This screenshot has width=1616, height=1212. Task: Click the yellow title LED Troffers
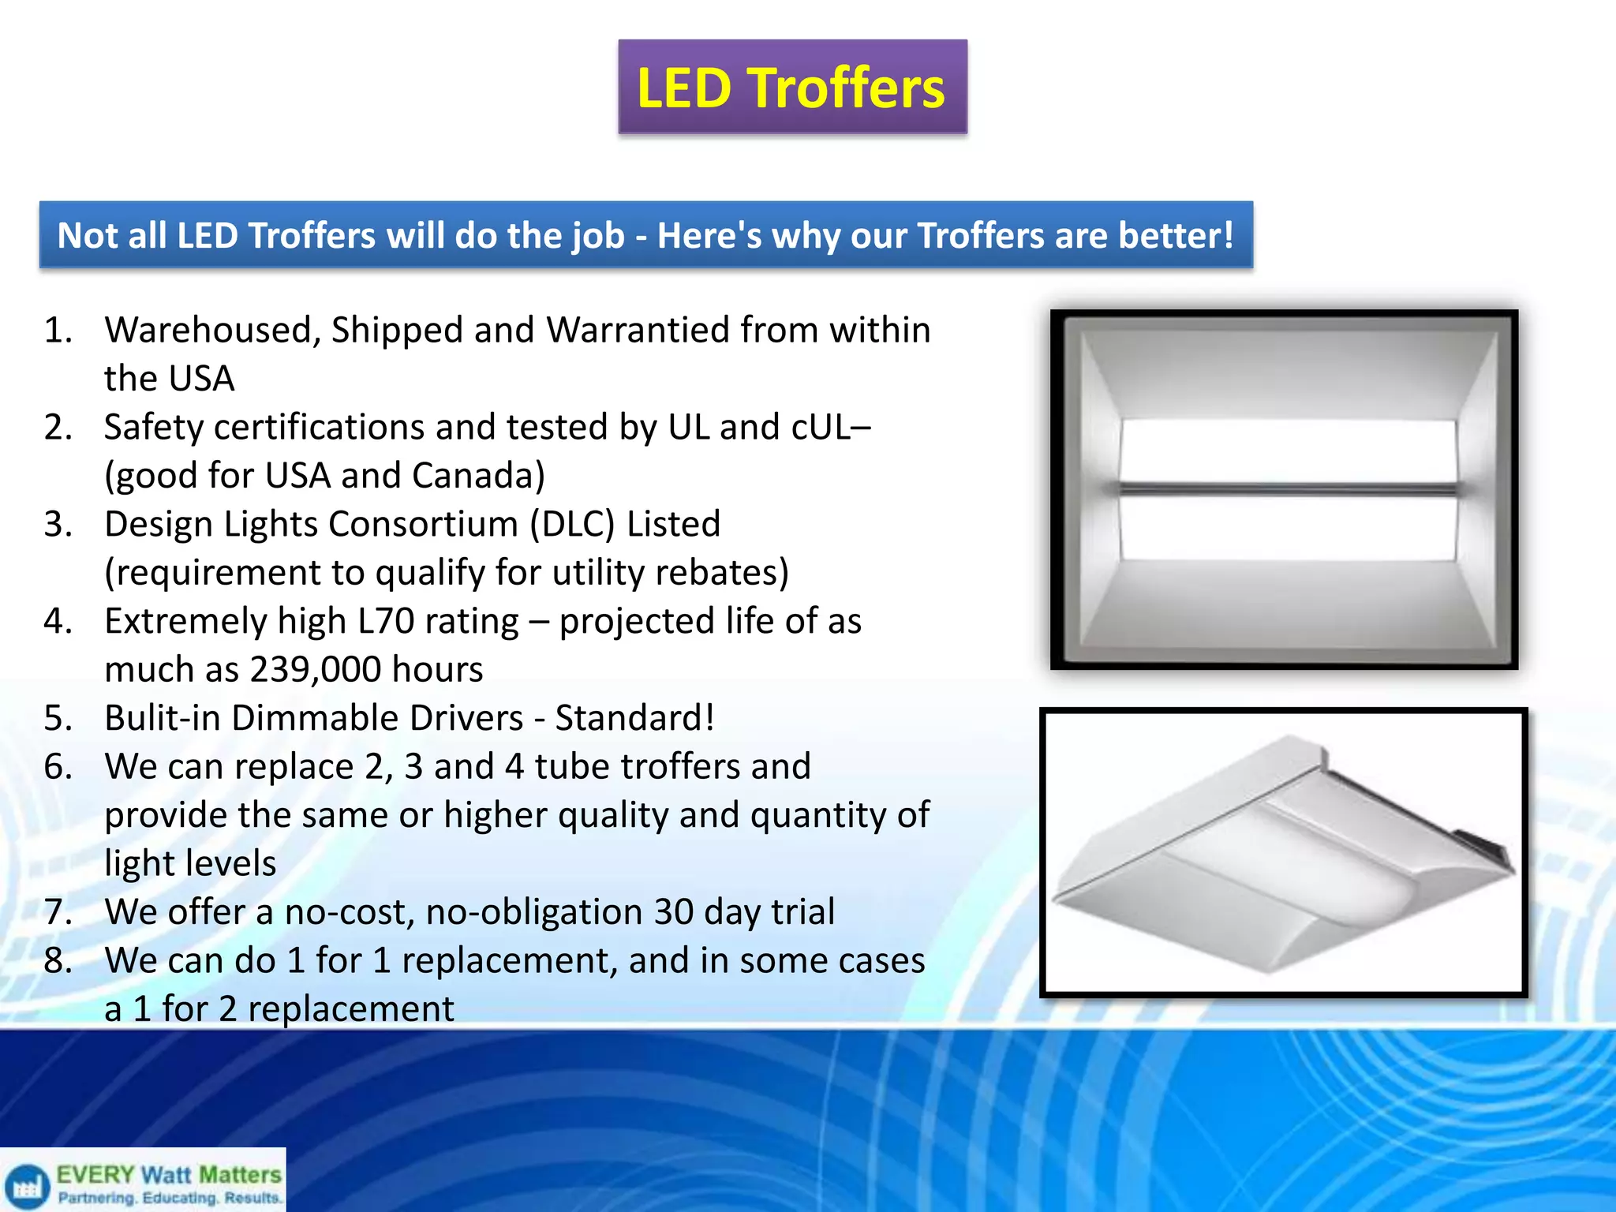(x=791, y=88)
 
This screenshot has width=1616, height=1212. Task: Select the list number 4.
(x=57, y=621)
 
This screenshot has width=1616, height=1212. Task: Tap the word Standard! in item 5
(x=634, y=718)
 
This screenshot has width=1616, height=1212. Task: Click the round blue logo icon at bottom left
(x=27, y=1186)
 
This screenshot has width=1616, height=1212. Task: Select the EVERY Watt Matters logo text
(x=169, y=1175)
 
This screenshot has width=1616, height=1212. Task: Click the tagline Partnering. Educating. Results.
(x=169, y=1198)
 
